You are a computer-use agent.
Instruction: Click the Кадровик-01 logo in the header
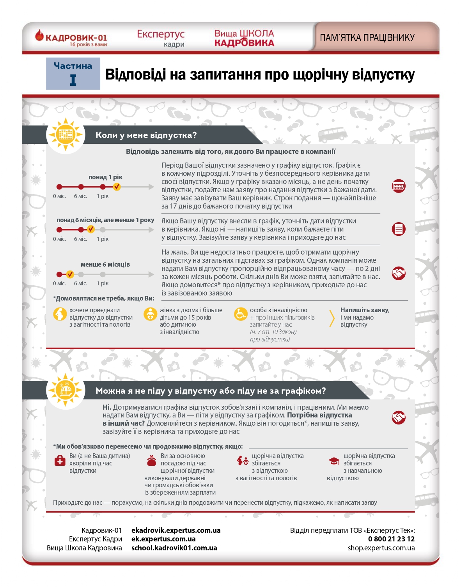tap(71, 38)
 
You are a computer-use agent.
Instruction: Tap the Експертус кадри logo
tap(161, 38)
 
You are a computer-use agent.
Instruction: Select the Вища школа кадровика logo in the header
tap(244, 38)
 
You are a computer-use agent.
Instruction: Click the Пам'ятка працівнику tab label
tap(367, 38)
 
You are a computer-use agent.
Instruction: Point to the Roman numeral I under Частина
tap(73, 80)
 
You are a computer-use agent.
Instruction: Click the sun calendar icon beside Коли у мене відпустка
tap(65, 134)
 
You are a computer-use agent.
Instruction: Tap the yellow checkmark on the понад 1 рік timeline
tap(117, 187)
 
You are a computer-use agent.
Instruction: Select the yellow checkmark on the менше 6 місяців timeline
tap(70, 274)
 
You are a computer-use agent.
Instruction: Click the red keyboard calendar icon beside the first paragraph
tap(398, 186)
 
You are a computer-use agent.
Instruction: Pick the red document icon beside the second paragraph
tap(398, 229)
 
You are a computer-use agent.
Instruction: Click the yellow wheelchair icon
tap(240, 314)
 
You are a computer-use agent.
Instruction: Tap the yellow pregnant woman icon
tap(60, 314)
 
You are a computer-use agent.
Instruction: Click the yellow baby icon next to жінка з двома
tap(150, 314)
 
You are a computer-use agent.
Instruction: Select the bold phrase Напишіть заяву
tap(364, 310)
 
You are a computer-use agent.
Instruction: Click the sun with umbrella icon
tap(65, 390)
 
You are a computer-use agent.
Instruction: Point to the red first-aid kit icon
tap(60, 461)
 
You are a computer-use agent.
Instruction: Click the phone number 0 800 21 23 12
tap(391, 539)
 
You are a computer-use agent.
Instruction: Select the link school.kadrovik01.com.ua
tap(174, 548)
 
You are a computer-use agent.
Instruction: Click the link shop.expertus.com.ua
tap(381, 548)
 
